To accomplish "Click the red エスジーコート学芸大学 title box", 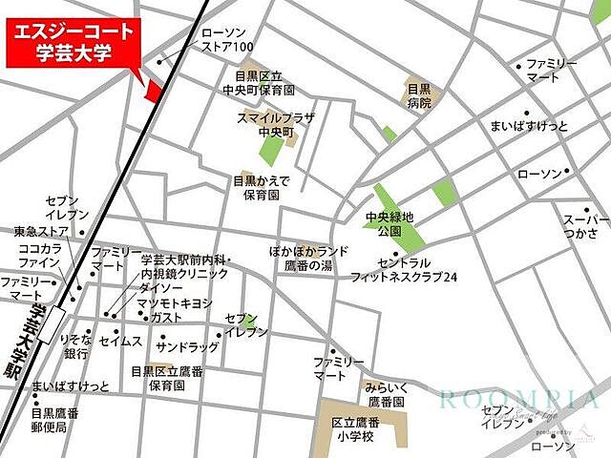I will [73, 42].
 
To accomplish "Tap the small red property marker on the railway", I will [153, 90].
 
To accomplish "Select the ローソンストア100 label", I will [227, 39].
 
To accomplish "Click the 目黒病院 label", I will [419, 95].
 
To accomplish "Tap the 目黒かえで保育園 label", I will [260, 187].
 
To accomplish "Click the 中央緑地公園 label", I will [390, 224].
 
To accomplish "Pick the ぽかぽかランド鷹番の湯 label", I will [308, 259].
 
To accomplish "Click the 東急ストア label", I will [40, 230].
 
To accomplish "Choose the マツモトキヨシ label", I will [174, 303].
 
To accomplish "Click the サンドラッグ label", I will [189, 346].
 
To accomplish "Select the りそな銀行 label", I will [75, 345].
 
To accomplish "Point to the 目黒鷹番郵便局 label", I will [55, 421].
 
